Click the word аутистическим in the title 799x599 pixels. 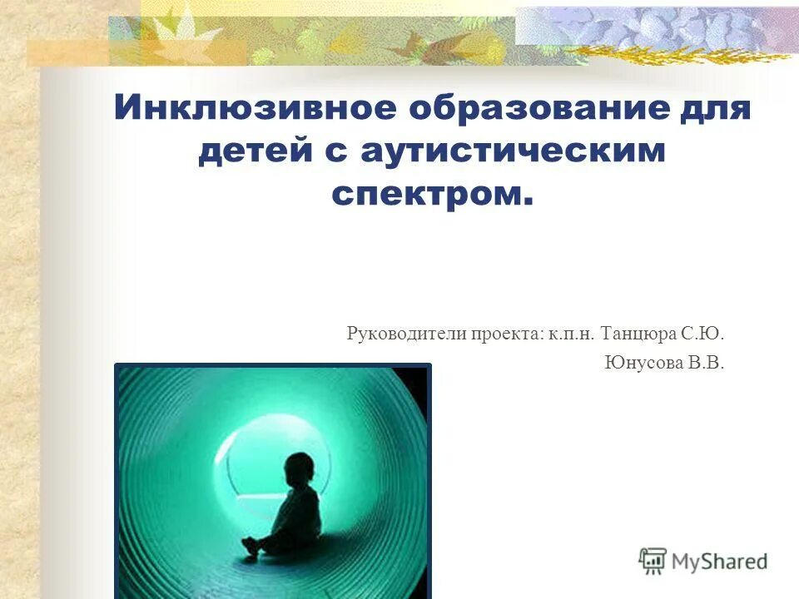point(514,152)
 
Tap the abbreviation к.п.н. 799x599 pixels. point(569,334)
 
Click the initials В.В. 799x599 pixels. point(706,363)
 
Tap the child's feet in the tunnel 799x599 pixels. point(249,550)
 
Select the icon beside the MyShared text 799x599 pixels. point(653,561)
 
